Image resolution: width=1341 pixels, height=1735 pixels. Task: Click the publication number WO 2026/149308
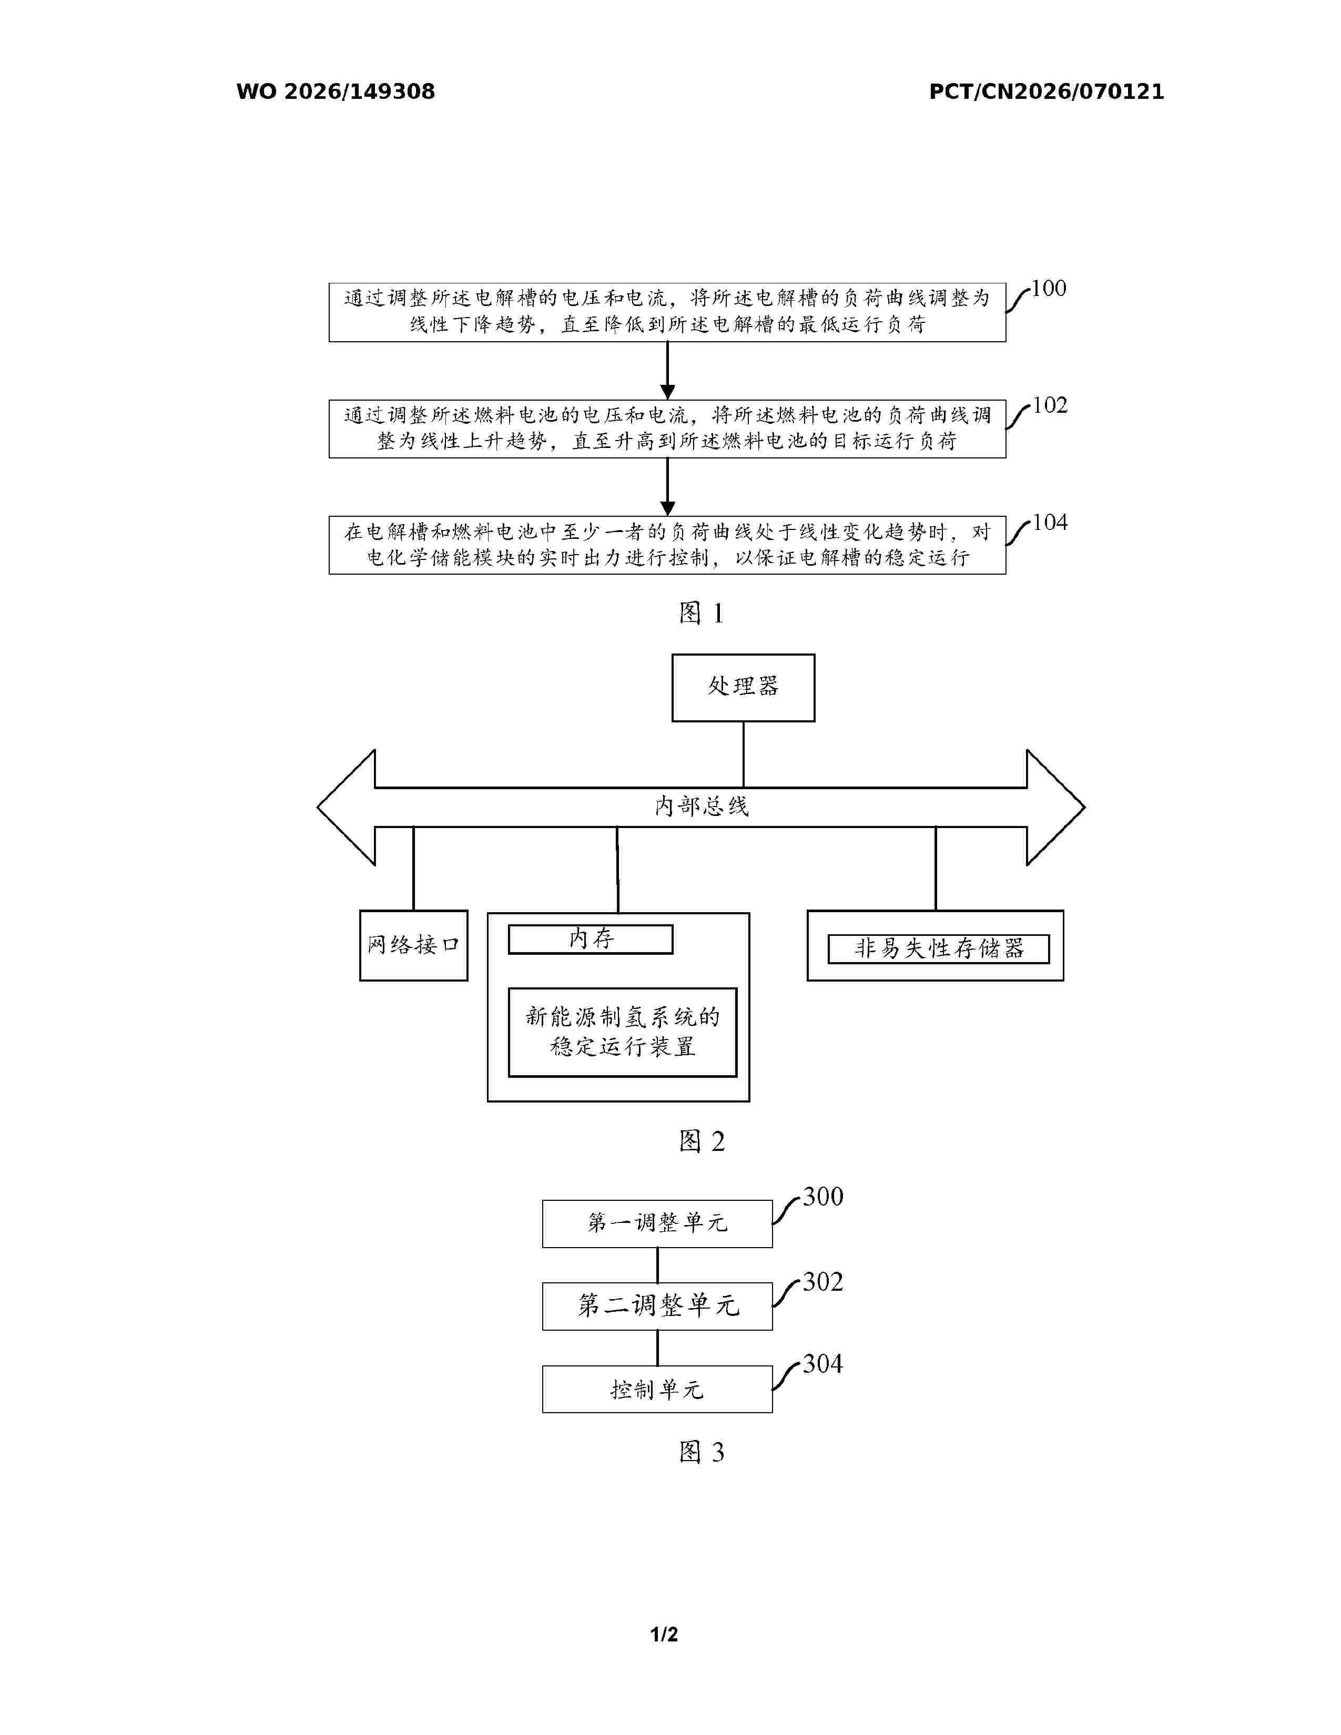click(336, 91)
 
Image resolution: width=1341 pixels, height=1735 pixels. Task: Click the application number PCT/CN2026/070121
click(1047, 91)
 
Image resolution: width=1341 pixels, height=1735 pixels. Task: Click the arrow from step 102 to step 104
click(667, 487)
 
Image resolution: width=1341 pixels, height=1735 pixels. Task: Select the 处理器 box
click(743, 688)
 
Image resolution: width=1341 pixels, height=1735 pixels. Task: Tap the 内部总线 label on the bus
click(702, 807)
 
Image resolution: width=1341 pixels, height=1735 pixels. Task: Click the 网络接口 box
click(413, 945)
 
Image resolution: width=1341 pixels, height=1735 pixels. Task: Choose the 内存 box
click(590, 939)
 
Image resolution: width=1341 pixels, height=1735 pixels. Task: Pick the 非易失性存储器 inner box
click(938, 948)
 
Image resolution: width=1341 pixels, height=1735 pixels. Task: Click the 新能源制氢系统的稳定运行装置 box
click(622, 1032)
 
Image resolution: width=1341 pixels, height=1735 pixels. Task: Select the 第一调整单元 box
click(657, 1223)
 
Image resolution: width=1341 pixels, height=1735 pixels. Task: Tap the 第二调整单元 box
click(657, 1306)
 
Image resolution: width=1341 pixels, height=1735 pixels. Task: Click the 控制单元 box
click(657, 1390)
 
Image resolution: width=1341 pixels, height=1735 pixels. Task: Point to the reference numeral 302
click(823, 1282)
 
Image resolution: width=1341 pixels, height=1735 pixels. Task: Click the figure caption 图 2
click(702, 1141)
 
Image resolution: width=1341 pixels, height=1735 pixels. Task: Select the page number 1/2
click(664, 1634)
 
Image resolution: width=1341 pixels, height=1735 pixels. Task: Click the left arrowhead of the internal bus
click(347, 807)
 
